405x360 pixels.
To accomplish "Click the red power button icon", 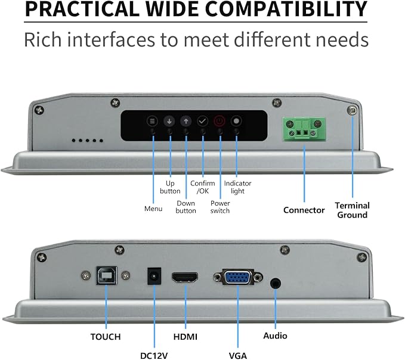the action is click(x=219, y=121).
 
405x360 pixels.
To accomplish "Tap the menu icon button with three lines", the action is click(x=152, y=121).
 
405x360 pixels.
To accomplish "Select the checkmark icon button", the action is click(x=203, y=121).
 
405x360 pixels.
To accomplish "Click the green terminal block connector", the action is click(x=304, y=129).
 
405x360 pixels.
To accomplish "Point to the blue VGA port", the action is click(x=238, y=277).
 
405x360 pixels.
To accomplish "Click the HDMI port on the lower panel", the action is click(x=185, y=278).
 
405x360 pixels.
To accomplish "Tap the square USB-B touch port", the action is click(x=107, y=275).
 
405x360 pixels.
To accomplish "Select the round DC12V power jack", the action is click(x=154, y=277).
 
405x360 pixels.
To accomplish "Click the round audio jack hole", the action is click(x=276, y=284).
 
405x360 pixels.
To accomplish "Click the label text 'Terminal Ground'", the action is click(x=353, y=210).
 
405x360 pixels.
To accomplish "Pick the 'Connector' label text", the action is click(x=304, y=210).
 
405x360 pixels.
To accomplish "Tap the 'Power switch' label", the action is click(x=220, y=207).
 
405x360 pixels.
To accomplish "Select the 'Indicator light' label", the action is click(x=237, y=187).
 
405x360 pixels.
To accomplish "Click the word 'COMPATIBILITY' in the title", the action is click(x=286, y=9).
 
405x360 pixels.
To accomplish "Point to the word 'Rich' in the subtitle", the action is click(x=43, y=40).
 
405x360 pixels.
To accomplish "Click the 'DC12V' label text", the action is click(x=154, y=356).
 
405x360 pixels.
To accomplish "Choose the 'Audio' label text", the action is click(x=276, y=336).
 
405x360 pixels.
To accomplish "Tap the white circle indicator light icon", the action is click(x=236, y=121).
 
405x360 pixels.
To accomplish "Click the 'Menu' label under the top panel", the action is click(x=153, y=209).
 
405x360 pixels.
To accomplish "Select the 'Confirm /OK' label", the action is click(x=203, y=187).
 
